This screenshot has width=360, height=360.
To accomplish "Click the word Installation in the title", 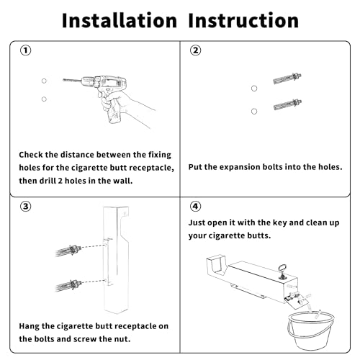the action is pyautogui.click(x=120, y=20).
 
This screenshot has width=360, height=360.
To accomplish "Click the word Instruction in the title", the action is pyautogui.click(x=243, y=20).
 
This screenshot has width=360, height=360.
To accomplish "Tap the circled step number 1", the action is pyautogui.click(x=26, y=50).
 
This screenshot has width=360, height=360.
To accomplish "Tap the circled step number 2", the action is pyautogui.click(x=196, y=50).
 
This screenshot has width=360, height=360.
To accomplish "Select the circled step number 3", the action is pyautogui.click(x=26, y=207).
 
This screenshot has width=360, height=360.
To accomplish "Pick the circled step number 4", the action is pyautogui.click(x=196, y=207).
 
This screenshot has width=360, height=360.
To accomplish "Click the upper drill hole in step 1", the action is pyautogui.click(x=44, y=81).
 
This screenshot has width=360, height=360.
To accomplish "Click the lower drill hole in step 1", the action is pyautogui.click(x=44, y=99).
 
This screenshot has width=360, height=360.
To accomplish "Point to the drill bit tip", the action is pyautogui.click(x=63, y=80).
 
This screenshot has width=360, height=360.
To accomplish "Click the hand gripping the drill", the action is pyautogui.click(x=125, y=106).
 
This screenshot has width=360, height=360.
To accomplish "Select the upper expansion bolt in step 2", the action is pyautogui.click(x=287, y=78).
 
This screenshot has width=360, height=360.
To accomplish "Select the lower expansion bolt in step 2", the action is pyautogui.click(x=287, y=104).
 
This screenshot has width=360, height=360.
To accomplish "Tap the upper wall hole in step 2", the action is pyautogui.click(x=254, y=89).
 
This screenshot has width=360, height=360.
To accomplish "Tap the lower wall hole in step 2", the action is pyautogui.click(x=254, y=112).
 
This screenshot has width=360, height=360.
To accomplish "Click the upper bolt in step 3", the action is pyautogui.click(x=68, y=251).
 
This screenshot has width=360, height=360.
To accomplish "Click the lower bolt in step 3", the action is pyautogui.click(x=69, y=285).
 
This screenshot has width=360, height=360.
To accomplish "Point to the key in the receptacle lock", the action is pyautogui.click(x=282, y=271).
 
